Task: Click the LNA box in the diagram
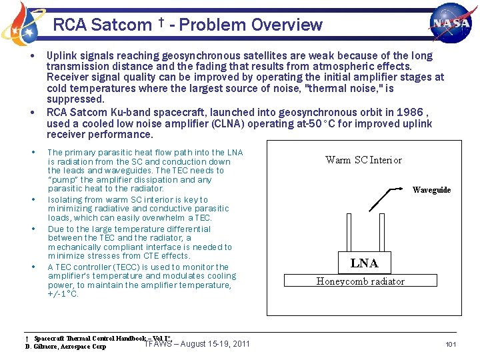click(x=364, y=263)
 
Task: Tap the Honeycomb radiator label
click(x=360, y=281)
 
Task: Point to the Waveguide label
click(x=431, y=190)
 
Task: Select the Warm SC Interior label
click(x=363, y=160)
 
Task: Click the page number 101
click(x=450, y=344)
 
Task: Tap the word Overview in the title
click(x=286, y=25)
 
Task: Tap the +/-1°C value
click(x=63, y=294)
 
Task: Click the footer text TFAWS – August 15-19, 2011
click(x=197, y=343)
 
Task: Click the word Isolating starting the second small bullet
click(x=65, y=199)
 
